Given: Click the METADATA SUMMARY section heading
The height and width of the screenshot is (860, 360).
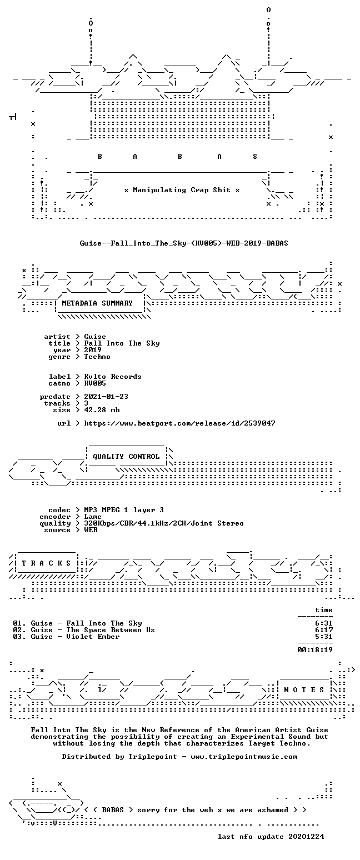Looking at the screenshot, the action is tap(97, 303).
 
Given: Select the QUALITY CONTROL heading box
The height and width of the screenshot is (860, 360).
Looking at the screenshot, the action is tap(126, 457).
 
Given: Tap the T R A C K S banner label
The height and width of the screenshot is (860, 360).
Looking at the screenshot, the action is tap(47, 563).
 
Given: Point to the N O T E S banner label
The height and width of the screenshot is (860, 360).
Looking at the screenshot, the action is tap(304, 690).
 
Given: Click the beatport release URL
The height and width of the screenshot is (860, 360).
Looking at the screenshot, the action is tap(179, 423).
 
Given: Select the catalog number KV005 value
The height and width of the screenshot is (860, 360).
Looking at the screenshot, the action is tap(95, 383).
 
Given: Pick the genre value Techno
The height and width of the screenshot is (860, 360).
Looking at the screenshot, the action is tap(97, 357).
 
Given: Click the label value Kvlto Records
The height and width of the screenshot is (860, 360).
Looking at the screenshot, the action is tap(113, 377).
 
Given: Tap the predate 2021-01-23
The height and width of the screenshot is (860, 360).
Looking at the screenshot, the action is tap(106, 397).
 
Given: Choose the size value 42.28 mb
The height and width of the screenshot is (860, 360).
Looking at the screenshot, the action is tap(102, 410).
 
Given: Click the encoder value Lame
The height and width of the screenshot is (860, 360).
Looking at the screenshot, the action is tap(93, 517).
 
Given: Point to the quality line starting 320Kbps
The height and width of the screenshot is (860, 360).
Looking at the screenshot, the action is tap(164, 523).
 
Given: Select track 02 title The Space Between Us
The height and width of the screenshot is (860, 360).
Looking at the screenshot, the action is tap(111, 630).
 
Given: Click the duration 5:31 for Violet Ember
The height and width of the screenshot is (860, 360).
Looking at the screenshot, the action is tap(324, 637).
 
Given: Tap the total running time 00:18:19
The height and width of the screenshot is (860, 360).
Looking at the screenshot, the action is tap(315, 650).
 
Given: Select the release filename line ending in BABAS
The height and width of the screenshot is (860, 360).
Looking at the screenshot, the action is tap(184, 243).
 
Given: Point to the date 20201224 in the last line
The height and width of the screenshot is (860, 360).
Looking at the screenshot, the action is tap(306, 837).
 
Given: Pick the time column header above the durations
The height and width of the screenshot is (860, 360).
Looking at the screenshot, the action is tap(324, 610).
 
